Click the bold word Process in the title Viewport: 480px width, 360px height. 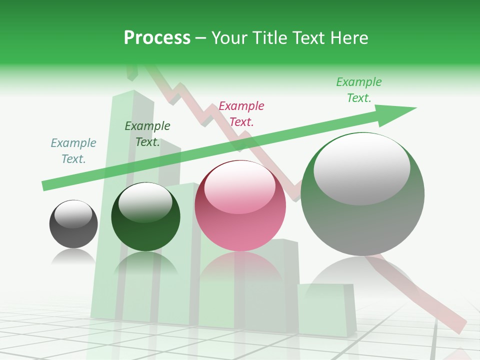point(157,38)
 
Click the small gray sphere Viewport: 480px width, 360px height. point(73,224)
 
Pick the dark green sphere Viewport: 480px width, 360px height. point(145,217)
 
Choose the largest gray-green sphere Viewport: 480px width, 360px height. point(362,194)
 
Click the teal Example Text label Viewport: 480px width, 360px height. point(73,151)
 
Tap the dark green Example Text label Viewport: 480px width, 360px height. point(147,134)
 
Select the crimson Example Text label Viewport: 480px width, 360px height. point(241,113)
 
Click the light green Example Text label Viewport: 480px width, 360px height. point(359,90)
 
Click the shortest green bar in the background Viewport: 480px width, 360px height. point(326,307)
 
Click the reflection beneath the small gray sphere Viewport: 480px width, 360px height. point(73,257)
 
